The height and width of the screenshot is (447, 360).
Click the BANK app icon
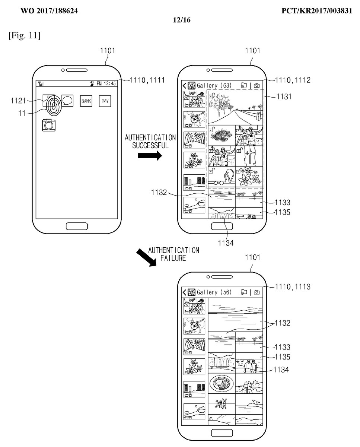click(86, 101)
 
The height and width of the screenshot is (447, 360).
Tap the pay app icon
click(105, 101)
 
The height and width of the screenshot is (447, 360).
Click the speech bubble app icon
click(67, 100)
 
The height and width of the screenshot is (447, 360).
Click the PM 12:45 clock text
click(106, 83)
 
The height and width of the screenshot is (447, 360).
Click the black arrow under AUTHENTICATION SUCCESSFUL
click(150, 156)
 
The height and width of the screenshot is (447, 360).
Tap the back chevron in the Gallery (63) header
click(184, 85)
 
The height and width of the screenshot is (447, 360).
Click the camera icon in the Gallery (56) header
click(257, 292)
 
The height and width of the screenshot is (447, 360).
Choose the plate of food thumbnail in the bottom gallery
click(221, 383)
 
